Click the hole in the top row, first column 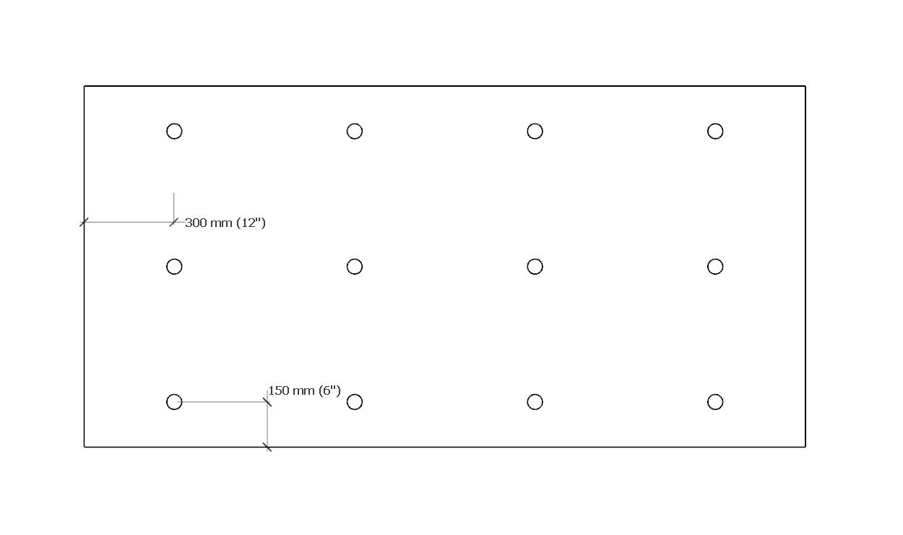pyautogui.click(x=174, y=131)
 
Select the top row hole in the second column pyautogui.click(x=355, y=131)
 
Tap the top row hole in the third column pyautogui.click(x=535, y=131)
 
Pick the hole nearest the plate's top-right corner pyautogui.click(x=715, y=131)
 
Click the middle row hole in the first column pyautogui.click(x=174, y=267)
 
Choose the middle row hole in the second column pyautogui.click(x=355, y=267)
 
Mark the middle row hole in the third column pyautogui.click(x=535, y=267)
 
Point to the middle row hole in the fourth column pyautogui.click(x=715, y=267)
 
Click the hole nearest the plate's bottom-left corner pyautogui.click(x=174, y=402)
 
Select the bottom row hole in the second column pyautogui.click(x=355, y=402)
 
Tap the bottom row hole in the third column pyautogui.click(x=535, y=402)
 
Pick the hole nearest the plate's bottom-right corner pyautogui.click(x=715, y=402)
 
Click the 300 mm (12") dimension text pyautogui.click(x=225, y=223)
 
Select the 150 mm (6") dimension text pyautogui.click(x=304, y=390)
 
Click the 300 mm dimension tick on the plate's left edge pyautogui.click(x=84, y=222)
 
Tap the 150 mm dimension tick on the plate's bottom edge pyautogui.click(x=267, y=447)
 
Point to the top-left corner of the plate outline pyautogui.click(x=85, y=86)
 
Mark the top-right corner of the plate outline pyautogui.click(x=805, y=86)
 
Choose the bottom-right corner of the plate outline pyautogui.click(x=805, y=447)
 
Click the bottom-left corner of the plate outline pyautogui.click(x=85, y=447)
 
